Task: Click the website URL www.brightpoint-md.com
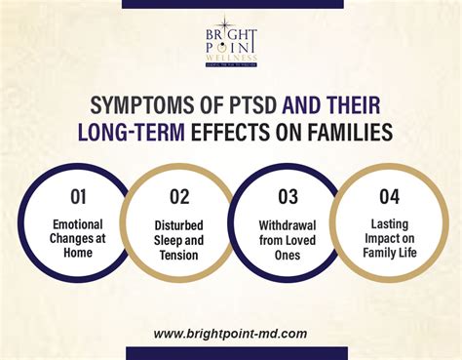[x=230, y=333]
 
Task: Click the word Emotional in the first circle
[x=78, y=224]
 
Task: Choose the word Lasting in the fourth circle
[x=390, y=224]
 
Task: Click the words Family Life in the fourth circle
[x=390, y=256]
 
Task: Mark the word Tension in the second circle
[x=179, y=257]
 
